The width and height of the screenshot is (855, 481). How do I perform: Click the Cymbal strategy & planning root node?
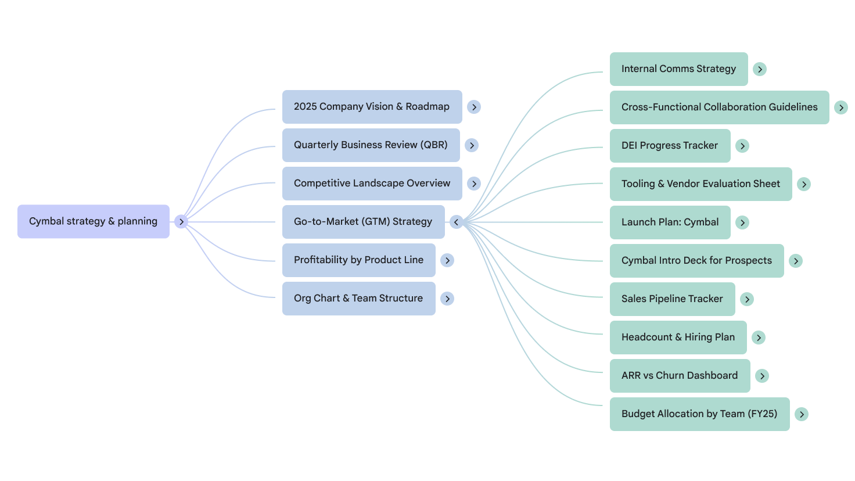(93, 221)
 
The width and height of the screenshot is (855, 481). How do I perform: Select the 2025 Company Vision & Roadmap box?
(372, 107)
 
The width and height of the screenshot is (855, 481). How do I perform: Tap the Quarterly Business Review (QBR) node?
(371, 145)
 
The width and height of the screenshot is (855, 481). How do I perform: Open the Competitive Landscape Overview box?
(372, 184)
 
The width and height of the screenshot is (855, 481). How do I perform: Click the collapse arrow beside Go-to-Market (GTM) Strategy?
(457, 222)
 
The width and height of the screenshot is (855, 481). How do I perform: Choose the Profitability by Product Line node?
(358, 260)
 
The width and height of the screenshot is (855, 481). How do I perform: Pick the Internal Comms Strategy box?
(678, 69)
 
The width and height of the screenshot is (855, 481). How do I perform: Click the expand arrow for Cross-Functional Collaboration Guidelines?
(841, 107)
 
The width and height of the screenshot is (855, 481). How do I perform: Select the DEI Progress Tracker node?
(670, 146)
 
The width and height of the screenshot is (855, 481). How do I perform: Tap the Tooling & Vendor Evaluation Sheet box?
(700, 184)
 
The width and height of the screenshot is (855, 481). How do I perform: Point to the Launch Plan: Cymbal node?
(670, 222)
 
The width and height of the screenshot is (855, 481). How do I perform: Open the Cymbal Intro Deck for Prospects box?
(696, 261)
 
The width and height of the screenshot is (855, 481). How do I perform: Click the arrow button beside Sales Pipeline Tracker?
(747, 299)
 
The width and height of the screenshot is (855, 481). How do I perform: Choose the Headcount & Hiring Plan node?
(678, 338)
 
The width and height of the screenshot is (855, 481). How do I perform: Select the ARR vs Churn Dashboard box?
(680, 376)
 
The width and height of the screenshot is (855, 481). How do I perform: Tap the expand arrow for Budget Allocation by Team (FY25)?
(802, 414)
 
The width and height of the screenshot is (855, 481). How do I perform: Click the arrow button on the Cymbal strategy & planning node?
(181, 222)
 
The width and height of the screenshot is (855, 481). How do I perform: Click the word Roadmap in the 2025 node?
(427, 107)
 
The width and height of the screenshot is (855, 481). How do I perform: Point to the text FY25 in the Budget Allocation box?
(763, 414)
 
